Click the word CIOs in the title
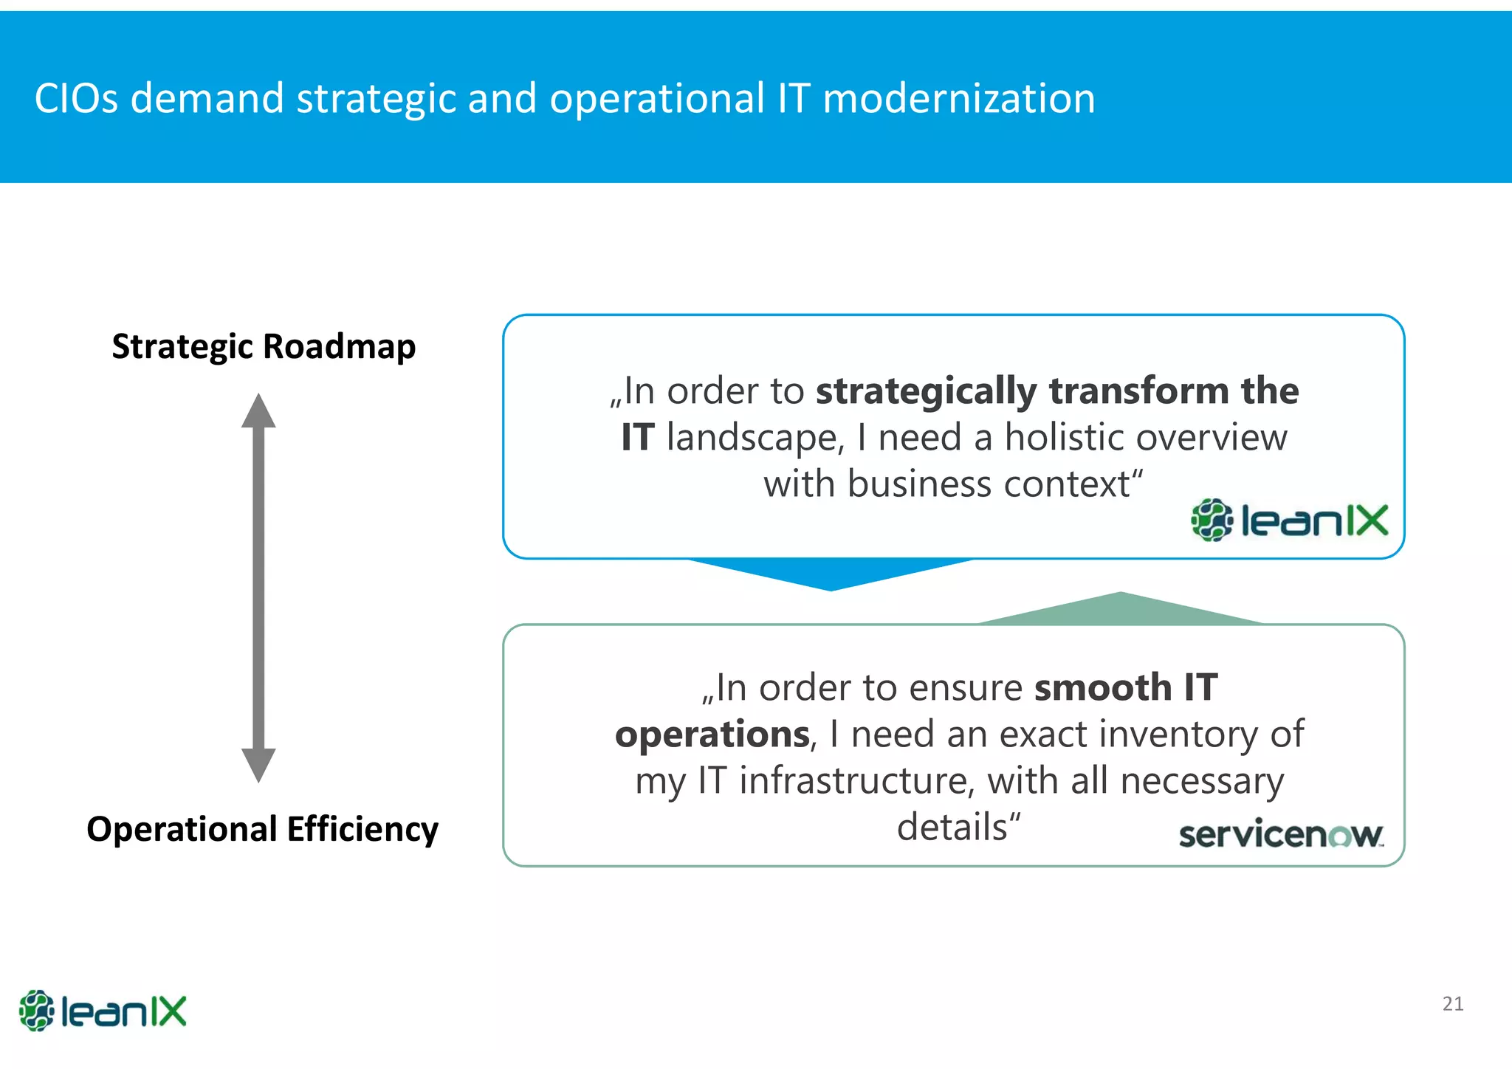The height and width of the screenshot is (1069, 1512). tap(76, 98)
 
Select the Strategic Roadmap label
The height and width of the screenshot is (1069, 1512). tap(264, 346)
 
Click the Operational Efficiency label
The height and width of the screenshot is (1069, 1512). tap(262, 828)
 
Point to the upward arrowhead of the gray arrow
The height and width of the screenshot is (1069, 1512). tap(258, 412)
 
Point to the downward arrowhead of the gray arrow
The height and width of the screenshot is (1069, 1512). tap(258, 765)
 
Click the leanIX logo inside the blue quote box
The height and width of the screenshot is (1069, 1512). tap(1289, 520)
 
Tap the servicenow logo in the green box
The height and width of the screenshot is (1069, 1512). tap(1281, 835)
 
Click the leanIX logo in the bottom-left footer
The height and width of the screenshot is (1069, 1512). tap(103, 1011)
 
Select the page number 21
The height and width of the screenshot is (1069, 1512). tap(1452, 1004)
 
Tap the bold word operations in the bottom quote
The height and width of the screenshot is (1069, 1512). tap(712, 735)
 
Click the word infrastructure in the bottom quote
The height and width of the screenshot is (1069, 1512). tap(856, 781)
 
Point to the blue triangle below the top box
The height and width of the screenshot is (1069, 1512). tap(831, 573)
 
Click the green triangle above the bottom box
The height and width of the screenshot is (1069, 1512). tap(1121, 611)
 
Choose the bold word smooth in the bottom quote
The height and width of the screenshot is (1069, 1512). tap(1102, 688)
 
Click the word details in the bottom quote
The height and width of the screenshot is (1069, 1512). tap(952, 828)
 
